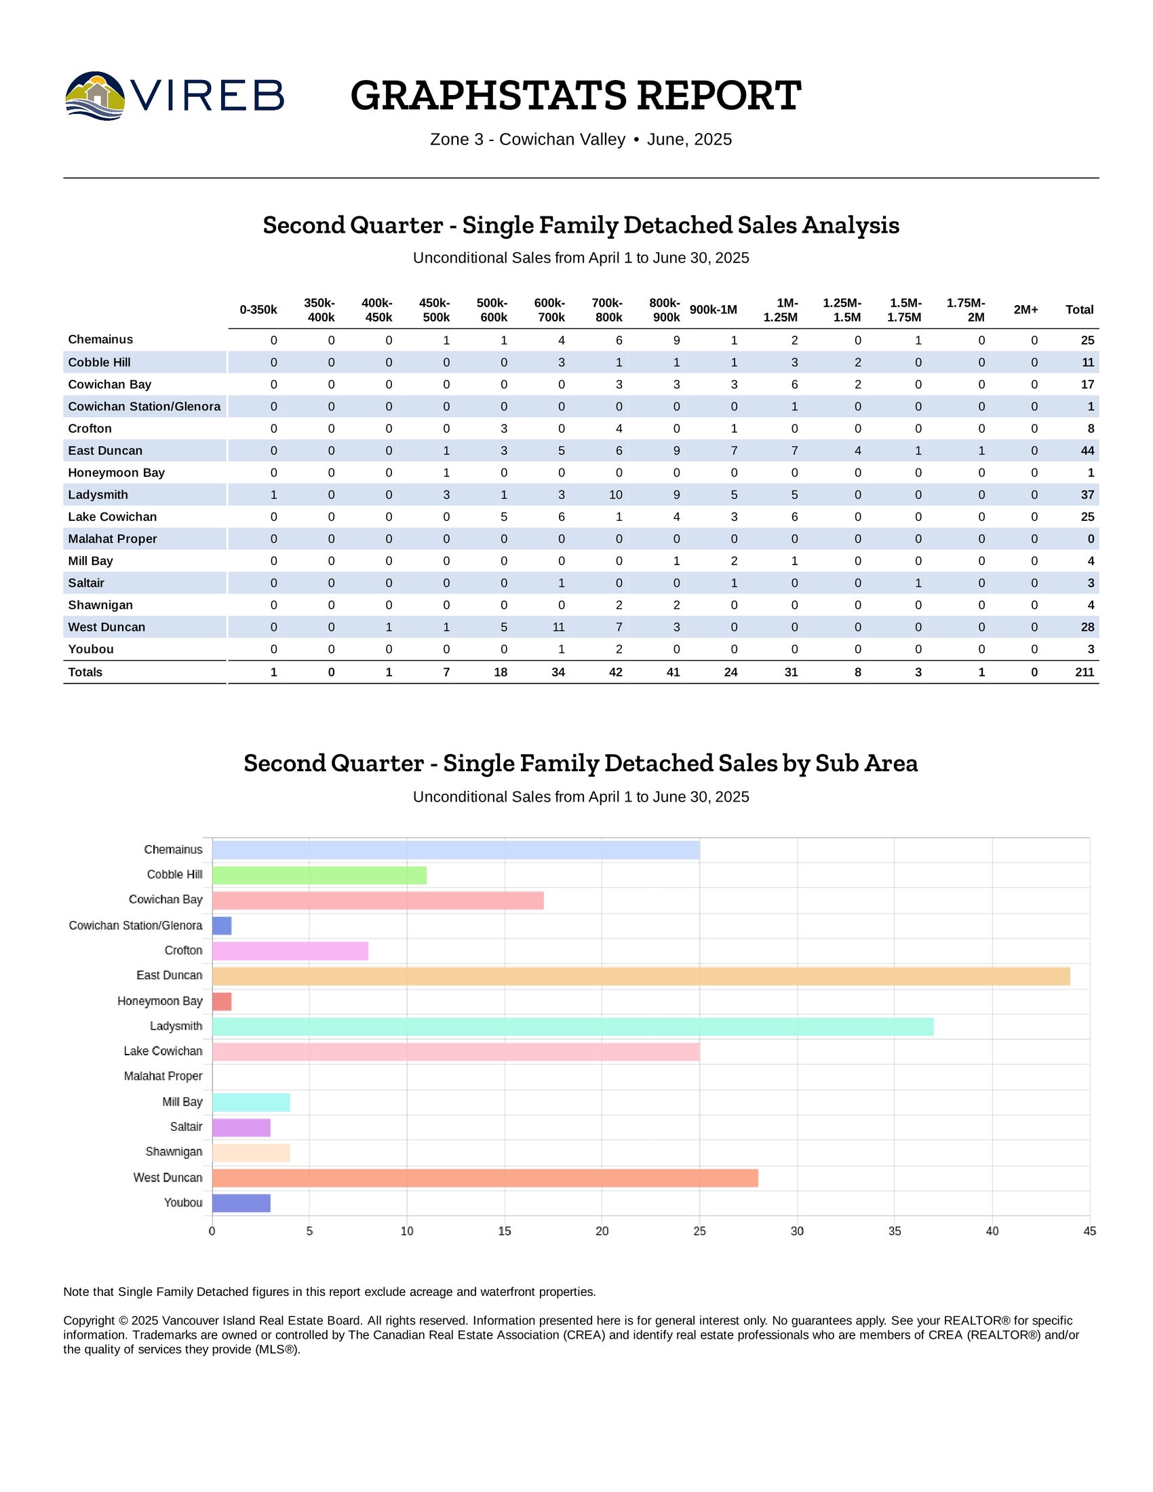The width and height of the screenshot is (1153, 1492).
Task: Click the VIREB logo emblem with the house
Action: tap(95, 96)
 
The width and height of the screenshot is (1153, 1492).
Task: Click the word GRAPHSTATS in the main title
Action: tap(488, 96)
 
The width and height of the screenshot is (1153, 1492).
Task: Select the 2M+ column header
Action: tap(1025, 310)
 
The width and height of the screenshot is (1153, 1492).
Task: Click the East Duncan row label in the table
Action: tap(105, 451)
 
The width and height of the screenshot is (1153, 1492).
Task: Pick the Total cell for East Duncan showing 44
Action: tap(1087, 451)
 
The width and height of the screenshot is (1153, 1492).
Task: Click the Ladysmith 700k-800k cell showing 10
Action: tap(615, 494)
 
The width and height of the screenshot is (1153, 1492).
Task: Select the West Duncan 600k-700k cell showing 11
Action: tap(558, 627)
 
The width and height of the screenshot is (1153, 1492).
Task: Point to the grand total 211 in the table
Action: tap(1084, 672)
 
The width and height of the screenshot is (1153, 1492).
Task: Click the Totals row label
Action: tap(85, 672)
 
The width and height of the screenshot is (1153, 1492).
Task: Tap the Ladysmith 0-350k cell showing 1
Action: tap(274, 494)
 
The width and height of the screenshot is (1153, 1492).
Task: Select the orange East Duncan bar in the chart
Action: tap(641, 976)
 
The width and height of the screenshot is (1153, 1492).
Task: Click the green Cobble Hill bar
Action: tap(319, 875)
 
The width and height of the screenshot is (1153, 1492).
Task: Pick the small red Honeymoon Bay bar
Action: tap(222, 1002)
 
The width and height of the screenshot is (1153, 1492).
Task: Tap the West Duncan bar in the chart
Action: tap(485, 1178)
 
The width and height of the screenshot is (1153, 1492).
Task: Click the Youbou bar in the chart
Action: tap(241, 1203)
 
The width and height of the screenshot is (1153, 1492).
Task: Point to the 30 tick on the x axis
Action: tap(797, 1231)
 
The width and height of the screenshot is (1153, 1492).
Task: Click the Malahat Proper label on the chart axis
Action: tap(163, 1077)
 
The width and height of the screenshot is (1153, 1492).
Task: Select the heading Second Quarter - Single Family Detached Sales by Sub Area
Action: tap(581, 763)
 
